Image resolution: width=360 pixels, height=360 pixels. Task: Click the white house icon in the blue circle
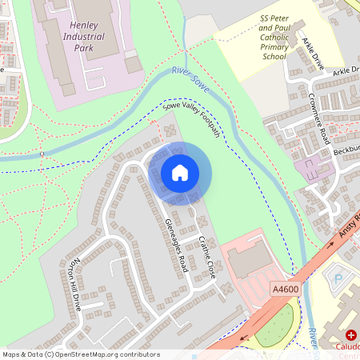point(180,172)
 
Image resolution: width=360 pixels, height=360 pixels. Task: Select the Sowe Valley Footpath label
point(190,119)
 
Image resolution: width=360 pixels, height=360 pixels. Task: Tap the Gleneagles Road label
point(174,244)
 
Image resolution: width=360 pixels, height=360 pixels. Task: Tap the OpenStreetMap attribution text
point(81,354)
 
